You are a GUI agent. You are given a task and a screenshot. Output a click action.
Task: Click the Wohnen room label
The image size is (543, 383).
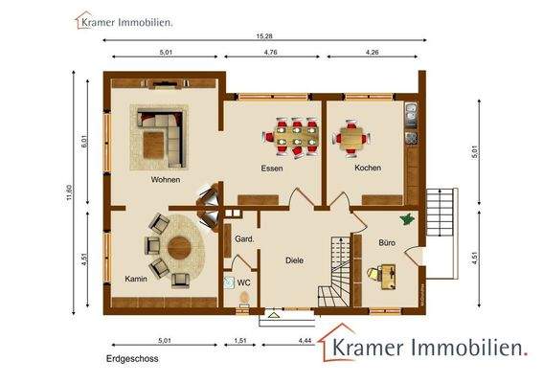[x=165, y=179]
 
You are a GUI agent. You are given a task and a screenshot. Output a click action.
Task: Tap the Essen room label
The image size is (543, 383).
[x=272, y=168]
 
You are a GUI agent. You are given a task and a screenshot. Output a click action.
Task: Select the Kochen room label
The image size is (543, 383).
[x=368, y=168]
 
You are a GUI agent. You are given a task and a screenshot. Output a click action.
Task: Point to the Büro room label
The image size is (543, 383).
[x=387, y=243]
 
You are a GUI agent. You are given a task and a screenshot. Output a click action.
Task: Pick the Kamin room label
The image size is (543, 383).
[x=135, y=279]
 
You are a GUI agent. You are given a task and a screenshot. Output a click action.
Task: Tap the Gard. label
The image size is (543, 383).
[x=243, y=239]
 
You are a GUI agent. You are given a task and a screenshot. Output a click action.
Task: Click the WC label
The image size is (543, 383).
[x=243, y=283]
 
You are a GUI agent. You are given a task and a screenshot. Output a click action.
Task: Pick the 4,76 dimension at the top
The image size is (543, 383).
[x=273, y=53]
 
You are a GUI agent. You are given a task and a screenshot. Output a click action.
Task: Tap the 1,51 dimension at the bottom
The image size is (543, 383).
[x=240, y=340]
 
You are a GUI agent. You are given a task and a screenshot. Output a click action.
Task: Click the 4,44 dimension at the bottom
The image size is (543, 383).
[x=305, y=340]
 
